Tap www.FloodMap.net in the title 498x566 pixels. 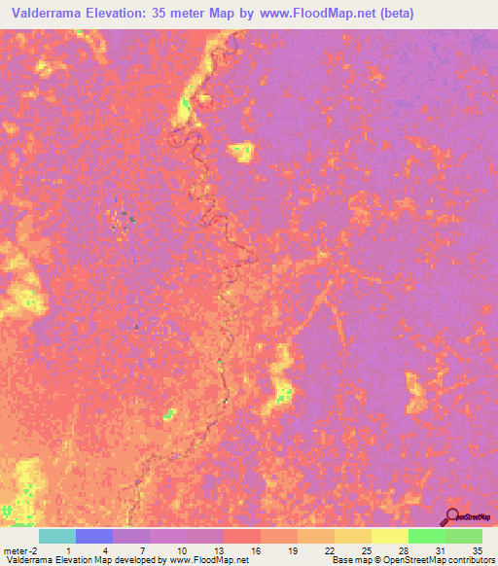(313, 14)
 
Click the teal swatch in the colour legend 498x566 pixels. (57, 536)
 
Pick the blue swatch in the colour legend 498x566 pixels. (94, 536)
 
